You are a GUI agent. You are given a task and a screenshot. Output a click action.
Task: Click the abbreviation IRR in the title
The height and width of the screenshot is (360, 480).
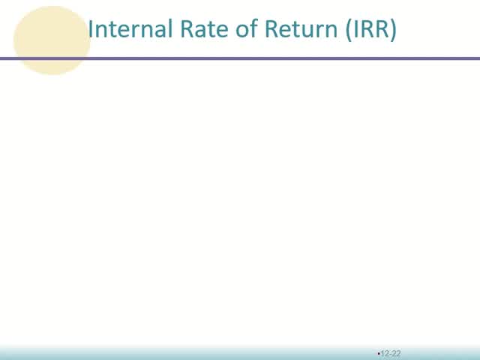370,29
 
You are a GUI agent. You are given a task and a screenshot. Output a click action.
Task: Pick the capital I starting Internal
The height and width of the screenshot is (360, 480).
91,29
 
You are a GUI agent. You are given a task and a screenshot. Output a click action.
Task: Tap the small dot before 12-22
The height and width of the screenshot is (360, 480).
379,352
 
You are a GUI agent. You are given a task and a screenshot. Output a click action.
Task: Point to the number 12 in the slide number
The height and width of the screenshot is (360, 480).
385,353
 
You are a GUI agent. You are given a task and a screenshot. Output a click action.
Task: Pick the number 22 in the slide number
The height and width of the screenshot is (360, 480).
397,353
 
